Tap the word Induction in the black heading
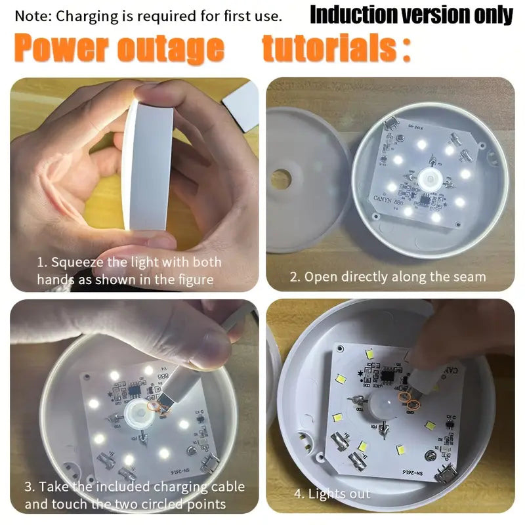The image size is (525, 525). coord(352,14)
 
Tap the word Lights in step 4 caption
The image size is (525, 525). coord(325,493)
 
